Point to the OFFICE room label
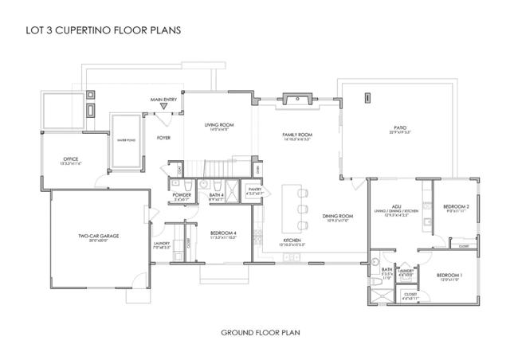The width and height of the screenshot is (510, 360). coord(71,161)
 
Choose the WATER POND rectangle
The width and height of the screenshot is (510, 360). coord(127,140)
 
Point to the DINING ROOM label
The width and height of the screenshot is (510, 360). coord(337,217)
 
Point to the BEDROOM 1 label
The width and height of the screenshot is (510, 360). coord(450,276)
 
